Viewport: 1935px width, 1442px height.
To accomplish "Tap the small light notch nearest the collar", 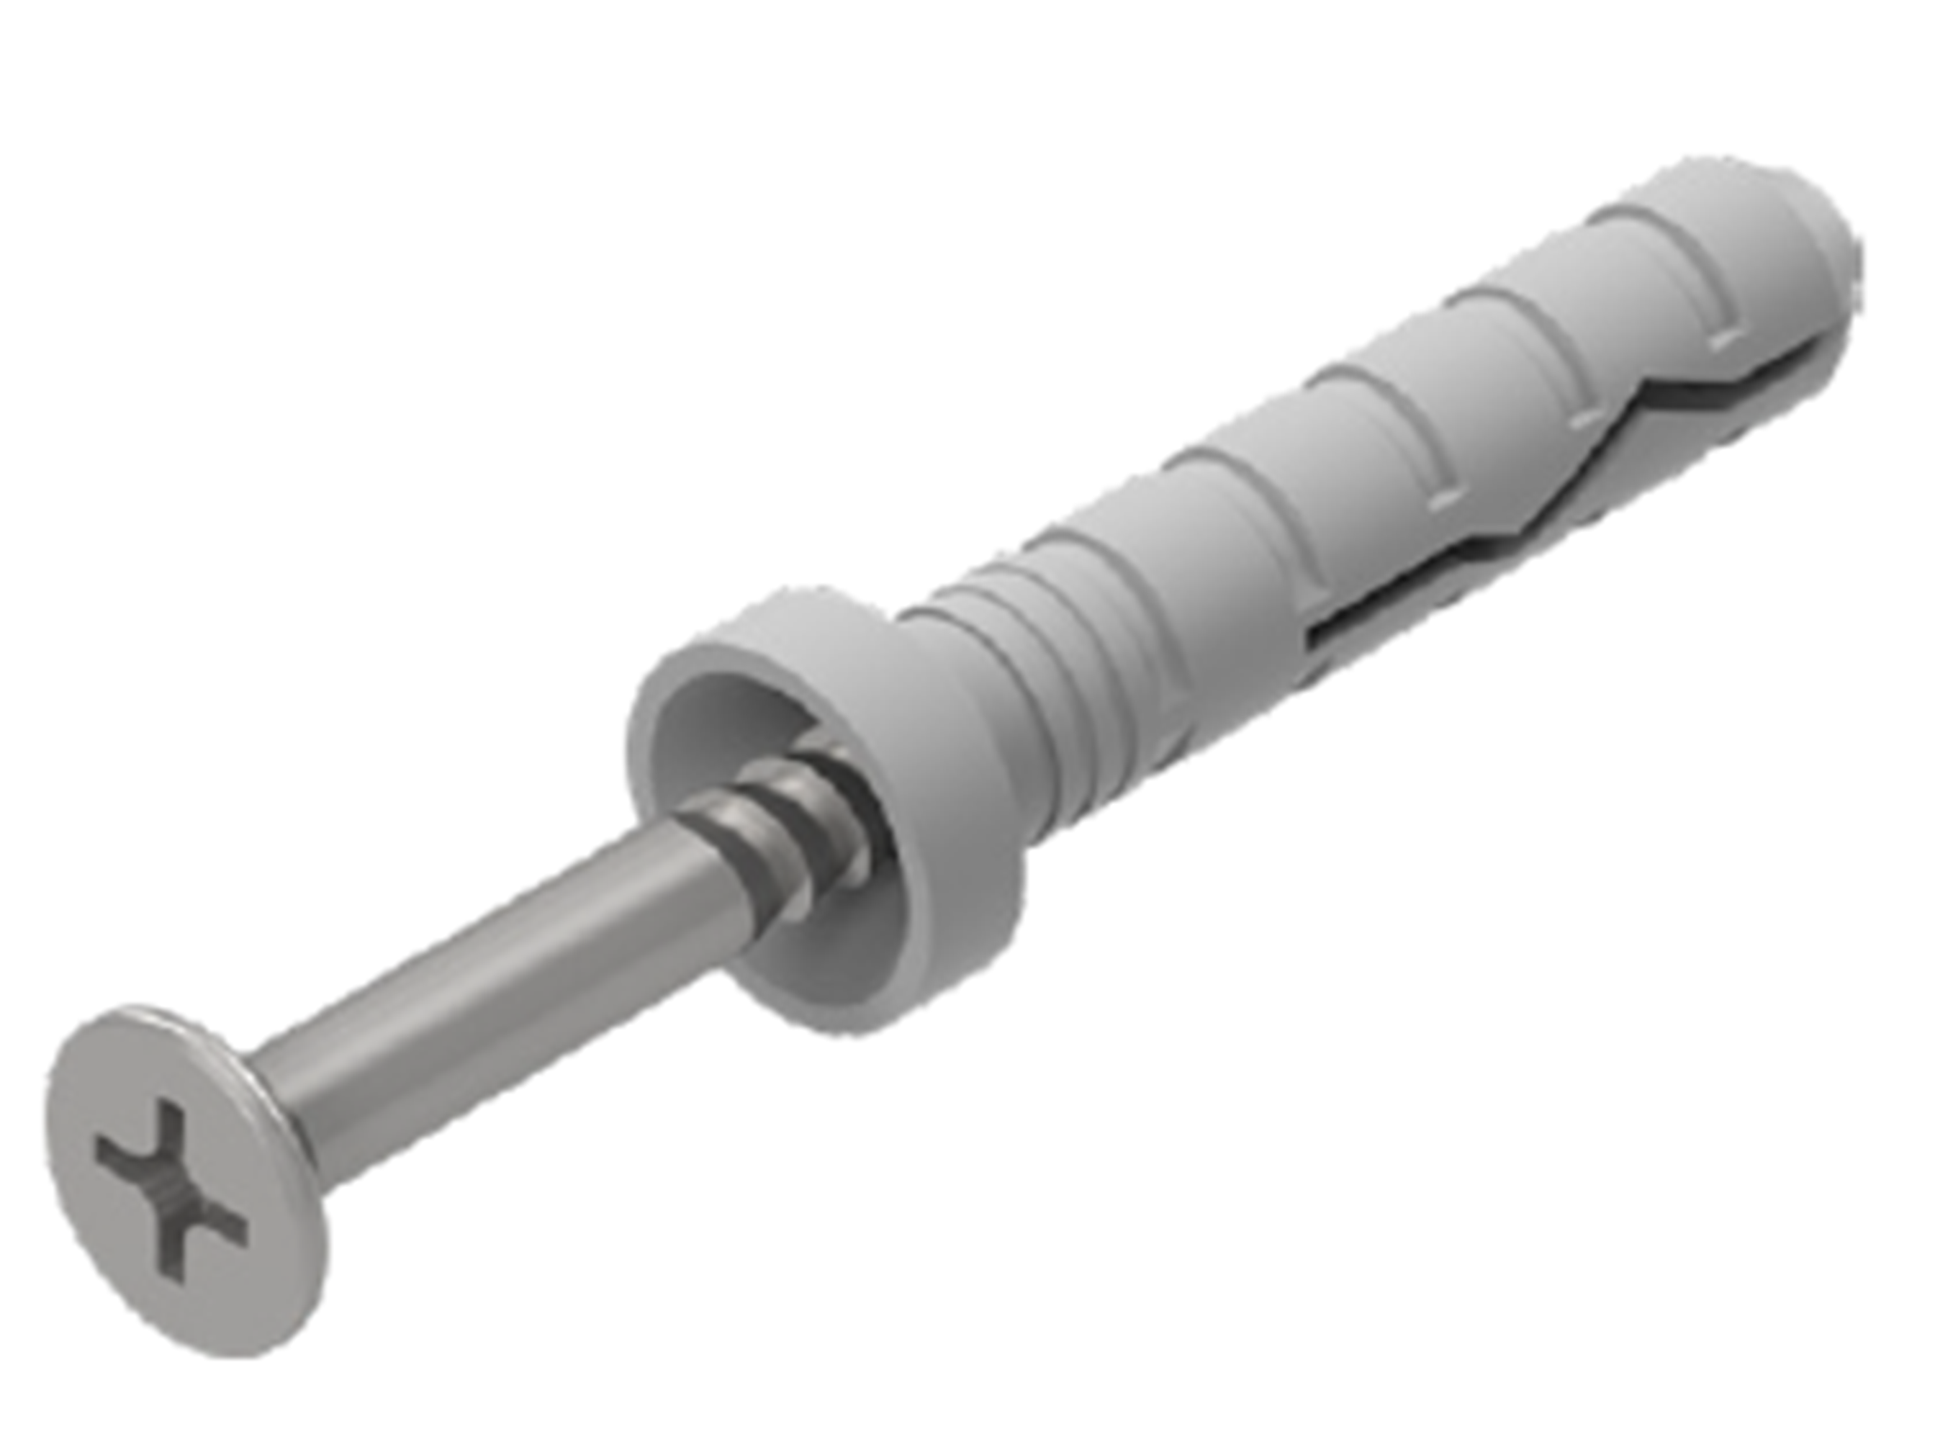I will pos(1445,500).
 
